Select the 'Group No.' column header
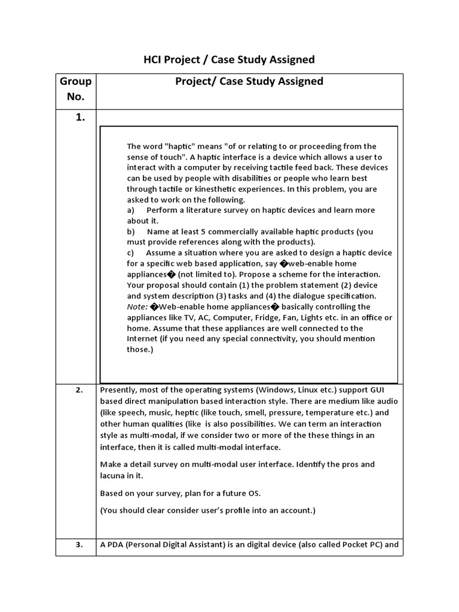coord(76,88)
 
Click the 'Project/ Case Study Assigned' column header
coord(249,81)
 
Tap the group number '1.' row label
coord(81,118)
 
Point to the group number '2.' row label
coord(79,390)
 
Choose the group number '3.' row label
coord(79,544)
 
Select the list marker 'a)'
coord(131,210)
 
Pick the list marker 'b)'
coord(131,231)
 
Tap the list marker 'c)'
coord(131,253)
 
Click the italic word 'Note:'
coord(137,307)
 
